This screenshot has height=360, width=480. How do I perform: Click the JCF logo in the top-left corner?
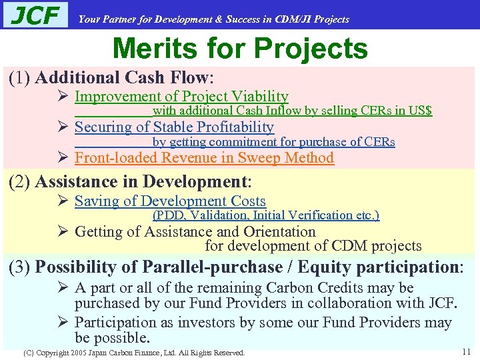point(36,15)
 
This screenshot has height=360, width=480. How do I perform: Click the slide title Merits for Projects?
point(240,49)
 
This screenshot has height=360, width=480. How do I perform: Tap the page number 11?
point(465,351)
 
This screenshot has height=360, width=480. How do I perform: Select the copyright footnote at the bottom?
point(133,352)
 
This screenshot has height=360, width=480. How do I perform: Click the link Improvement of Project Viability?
point(181,97)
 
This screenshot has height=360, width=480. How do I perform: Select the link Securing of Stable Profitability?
point(174,127)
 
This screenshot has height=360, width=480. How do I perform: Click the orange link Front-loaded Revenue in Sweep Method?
point(204,158)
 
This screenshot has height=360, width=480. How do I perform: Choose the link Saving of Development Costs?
point(170,201)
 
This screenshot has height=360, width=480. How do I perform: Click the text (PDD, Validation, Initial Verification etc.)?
point(266,215)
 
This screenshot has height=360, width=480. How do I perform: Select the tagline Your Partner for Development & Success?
point(213,19)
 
